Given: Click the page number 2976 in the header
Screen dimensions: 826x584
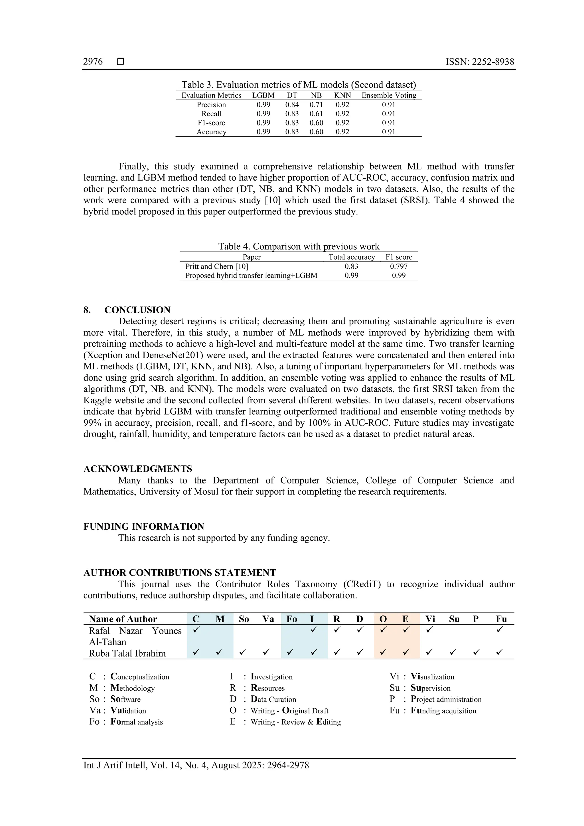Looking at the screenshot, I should (93, 62).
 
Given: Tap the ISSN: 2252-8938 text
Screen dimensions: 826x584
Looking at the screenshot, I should (479, 62).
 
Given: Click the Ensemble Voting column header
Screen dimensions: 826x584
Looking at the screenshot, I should (389, 95).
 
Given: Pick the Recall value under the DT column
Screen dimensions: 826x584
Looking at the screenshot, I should (292, 114).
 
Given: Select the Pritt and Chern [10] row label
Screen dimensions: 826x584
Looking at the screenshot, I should (216, 266).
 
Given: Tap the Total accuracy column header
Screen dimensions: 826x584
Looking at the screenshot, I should (351, 257).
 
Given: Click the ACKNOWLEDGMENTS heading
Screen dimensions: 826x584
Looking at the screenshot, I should (138, 469).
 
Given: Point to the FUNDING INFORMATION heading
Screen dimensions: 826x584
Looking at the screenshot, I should (143, 526).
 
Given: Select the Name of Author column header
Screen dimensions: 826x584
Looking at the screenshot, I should (123, 619).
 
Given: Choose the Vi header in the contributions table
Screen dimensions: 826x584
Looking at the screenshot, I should (430, 619).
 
